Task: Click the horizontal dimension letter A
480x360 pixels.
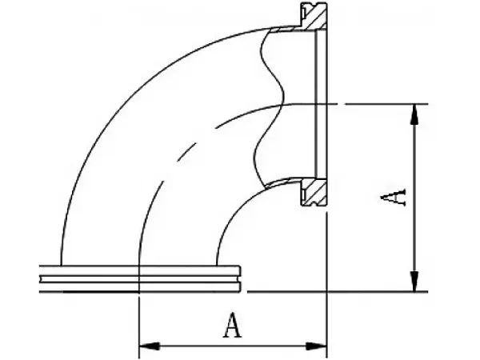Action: [233, 325]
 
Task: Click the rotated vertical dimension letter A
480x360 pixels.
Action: [393, 198]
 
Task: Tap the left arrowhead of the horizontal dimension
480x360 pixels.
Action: [150, 346]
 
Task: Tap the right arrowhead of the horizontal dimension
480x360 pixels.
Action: [317, 346]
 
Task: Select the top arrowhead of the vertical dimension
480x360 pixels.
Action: [414, 114]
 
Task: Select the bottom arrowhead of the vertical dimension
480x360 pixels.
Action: [414, 281]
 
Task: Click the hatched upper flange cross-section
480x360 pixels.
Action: [314, 15]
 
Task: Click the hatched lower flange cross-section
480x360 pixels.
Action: [314, 192]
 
